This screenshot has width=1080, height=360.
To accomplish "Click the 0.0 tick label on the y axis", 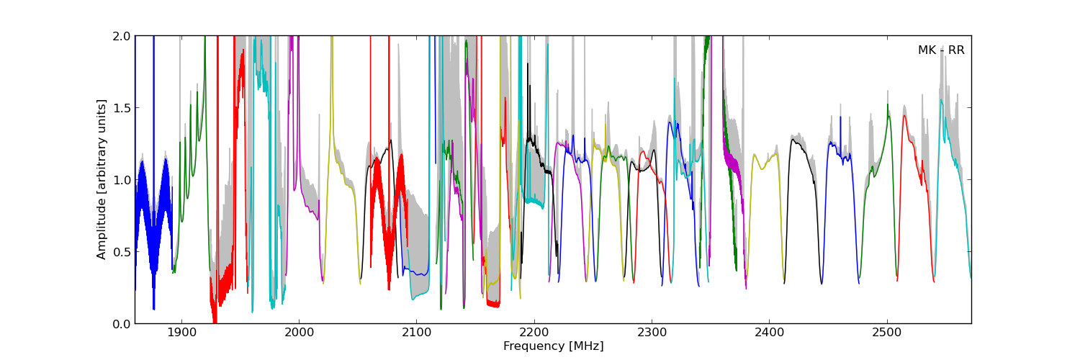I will click(121, 324).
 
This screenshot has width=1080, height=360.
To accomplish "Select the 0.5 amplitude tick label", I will click(121, 252).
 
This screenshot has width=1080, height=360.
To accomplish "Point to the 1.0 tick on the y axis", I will click(121, 180).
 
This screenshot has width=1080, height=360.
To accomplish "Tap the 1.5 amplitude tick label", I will click(121, 108).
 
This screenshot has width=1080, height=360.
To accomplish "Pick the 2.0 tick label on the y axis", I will click(121, 36).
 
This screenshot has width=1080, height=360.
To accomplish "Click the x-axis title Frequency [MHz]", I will click(553, 346).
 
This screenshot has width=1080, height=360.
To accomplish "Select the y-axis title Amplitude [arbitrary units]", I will click(102, 179).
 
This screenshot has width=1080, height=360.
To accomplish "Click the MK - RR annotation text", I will click(940, 50).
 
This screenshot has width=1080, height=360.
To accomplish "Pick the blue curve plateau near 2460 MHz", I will click(836, 147).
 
